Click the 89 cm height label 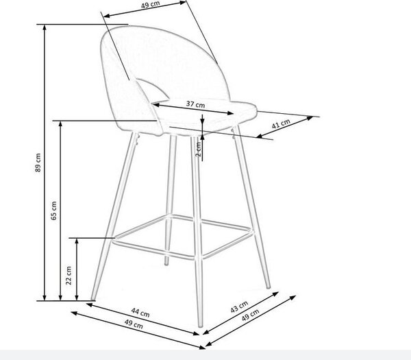click(38, 163)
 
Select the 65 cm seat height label click(53, 211)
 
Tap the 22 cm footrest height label click(68, 276)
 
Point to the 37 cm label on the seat click(195, 104)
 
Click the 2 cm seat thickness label click(199, 149)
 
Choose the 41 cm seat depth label click(281, 124)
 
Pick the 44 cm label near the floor click(140, 313)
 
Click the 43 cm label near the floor click(239, 307)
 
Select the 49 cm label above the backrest click(150, 5)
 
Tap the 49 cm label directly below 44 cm click(134, 324)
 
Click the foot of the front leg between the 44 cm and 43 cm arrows click(201, 325)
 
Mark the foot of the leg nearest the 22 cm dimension click(92, 298)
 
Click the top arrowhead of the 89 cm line click(45, 27)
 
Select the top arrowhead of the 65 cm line click(60, 124)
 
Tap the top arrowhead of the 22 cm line click(77, 241)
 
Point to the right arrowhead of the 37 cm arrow click(231, 113)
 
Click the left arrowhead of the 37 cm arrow click(155, 105)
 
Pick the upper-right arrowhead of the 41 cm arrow click(310, 118)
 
